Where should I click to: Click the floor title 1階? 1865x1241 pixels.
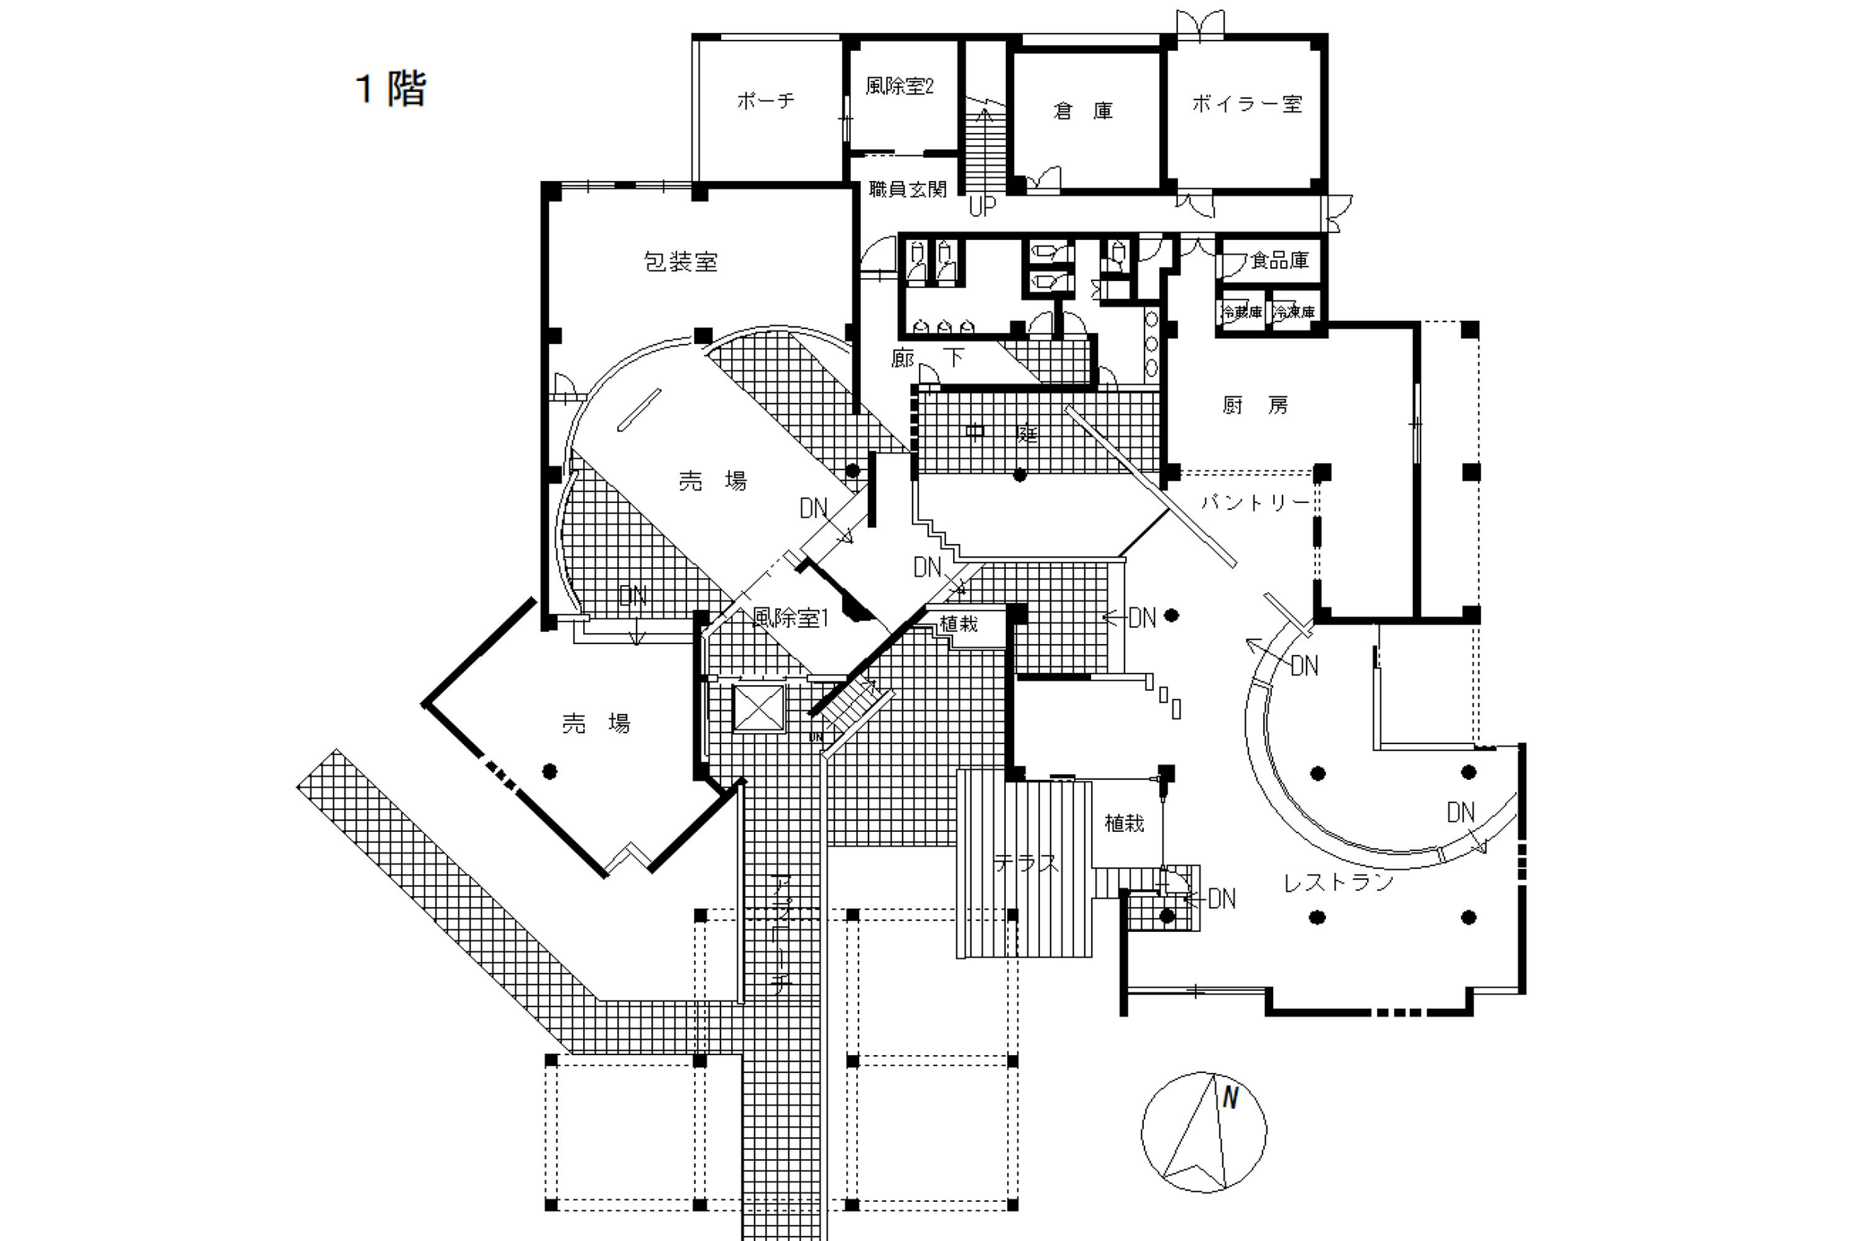click(x=392, y=89)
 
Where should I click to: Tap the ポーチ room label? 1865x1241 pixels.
click(x=765, y=101)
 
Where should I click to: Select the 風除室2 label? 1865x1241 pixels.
click(x=900, y=86)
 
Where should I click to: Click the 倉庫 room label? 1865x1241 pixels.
click(x=1083, y=111)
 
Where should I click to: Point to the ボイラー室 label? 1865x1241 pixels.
click(x=1246, y=104)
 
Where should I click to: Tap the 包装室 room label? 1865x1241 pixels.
click(x=681, y=262)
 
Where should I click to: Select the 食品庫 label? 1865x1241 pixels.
click(x=1279, y=260)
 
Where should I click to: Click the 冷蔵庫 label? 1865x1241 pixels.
click(x=1241, y=313)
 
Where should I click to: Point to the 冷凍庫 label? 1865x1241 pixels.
click(x=1294, y=313)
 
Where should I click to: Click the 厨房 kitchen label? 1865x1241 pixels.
click(x=1255, y=406)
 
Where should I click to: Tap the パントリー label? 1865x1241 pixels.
click(x=1255, y=502)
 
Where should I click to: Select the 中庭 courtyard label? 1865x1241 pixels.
click(x=1001, y=434)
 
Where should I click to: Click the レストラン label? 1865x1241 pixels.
click(x=1338, y=882)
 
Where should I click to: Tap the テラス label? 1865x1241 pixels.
click(x=1026, y=864)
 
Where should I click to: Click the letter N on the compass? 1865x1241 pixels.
click(x=1230, y=1098)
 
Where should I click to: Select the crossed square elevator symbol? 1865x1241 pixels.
click(x=759, y=708)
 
